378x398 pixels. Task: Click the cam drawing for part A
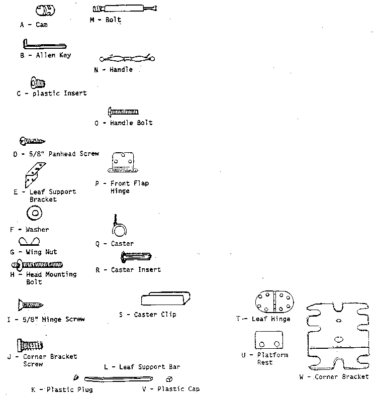[45, 10]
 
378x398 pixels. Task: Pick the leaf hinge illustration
[274, 302]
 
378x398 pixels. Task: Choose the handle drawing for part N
[127, 59]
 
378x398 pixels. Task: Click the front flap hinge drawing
[123, 162]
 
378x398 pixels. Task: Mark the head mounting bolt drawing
[37, 265]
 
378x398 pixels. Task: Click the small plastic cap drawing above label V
[169, 379]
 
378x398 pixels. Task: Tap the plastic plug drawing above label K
[76, 378]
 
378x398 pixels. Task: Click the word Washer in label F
[37, 230]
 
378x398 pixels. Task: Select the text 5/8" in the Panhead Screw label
[36, 154]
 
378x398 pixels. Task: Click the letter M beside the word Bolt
[92, 20]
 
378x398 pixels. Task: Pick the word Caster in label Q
[122, 244]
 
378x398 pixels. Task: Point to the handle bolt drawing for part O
[123, 112]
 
